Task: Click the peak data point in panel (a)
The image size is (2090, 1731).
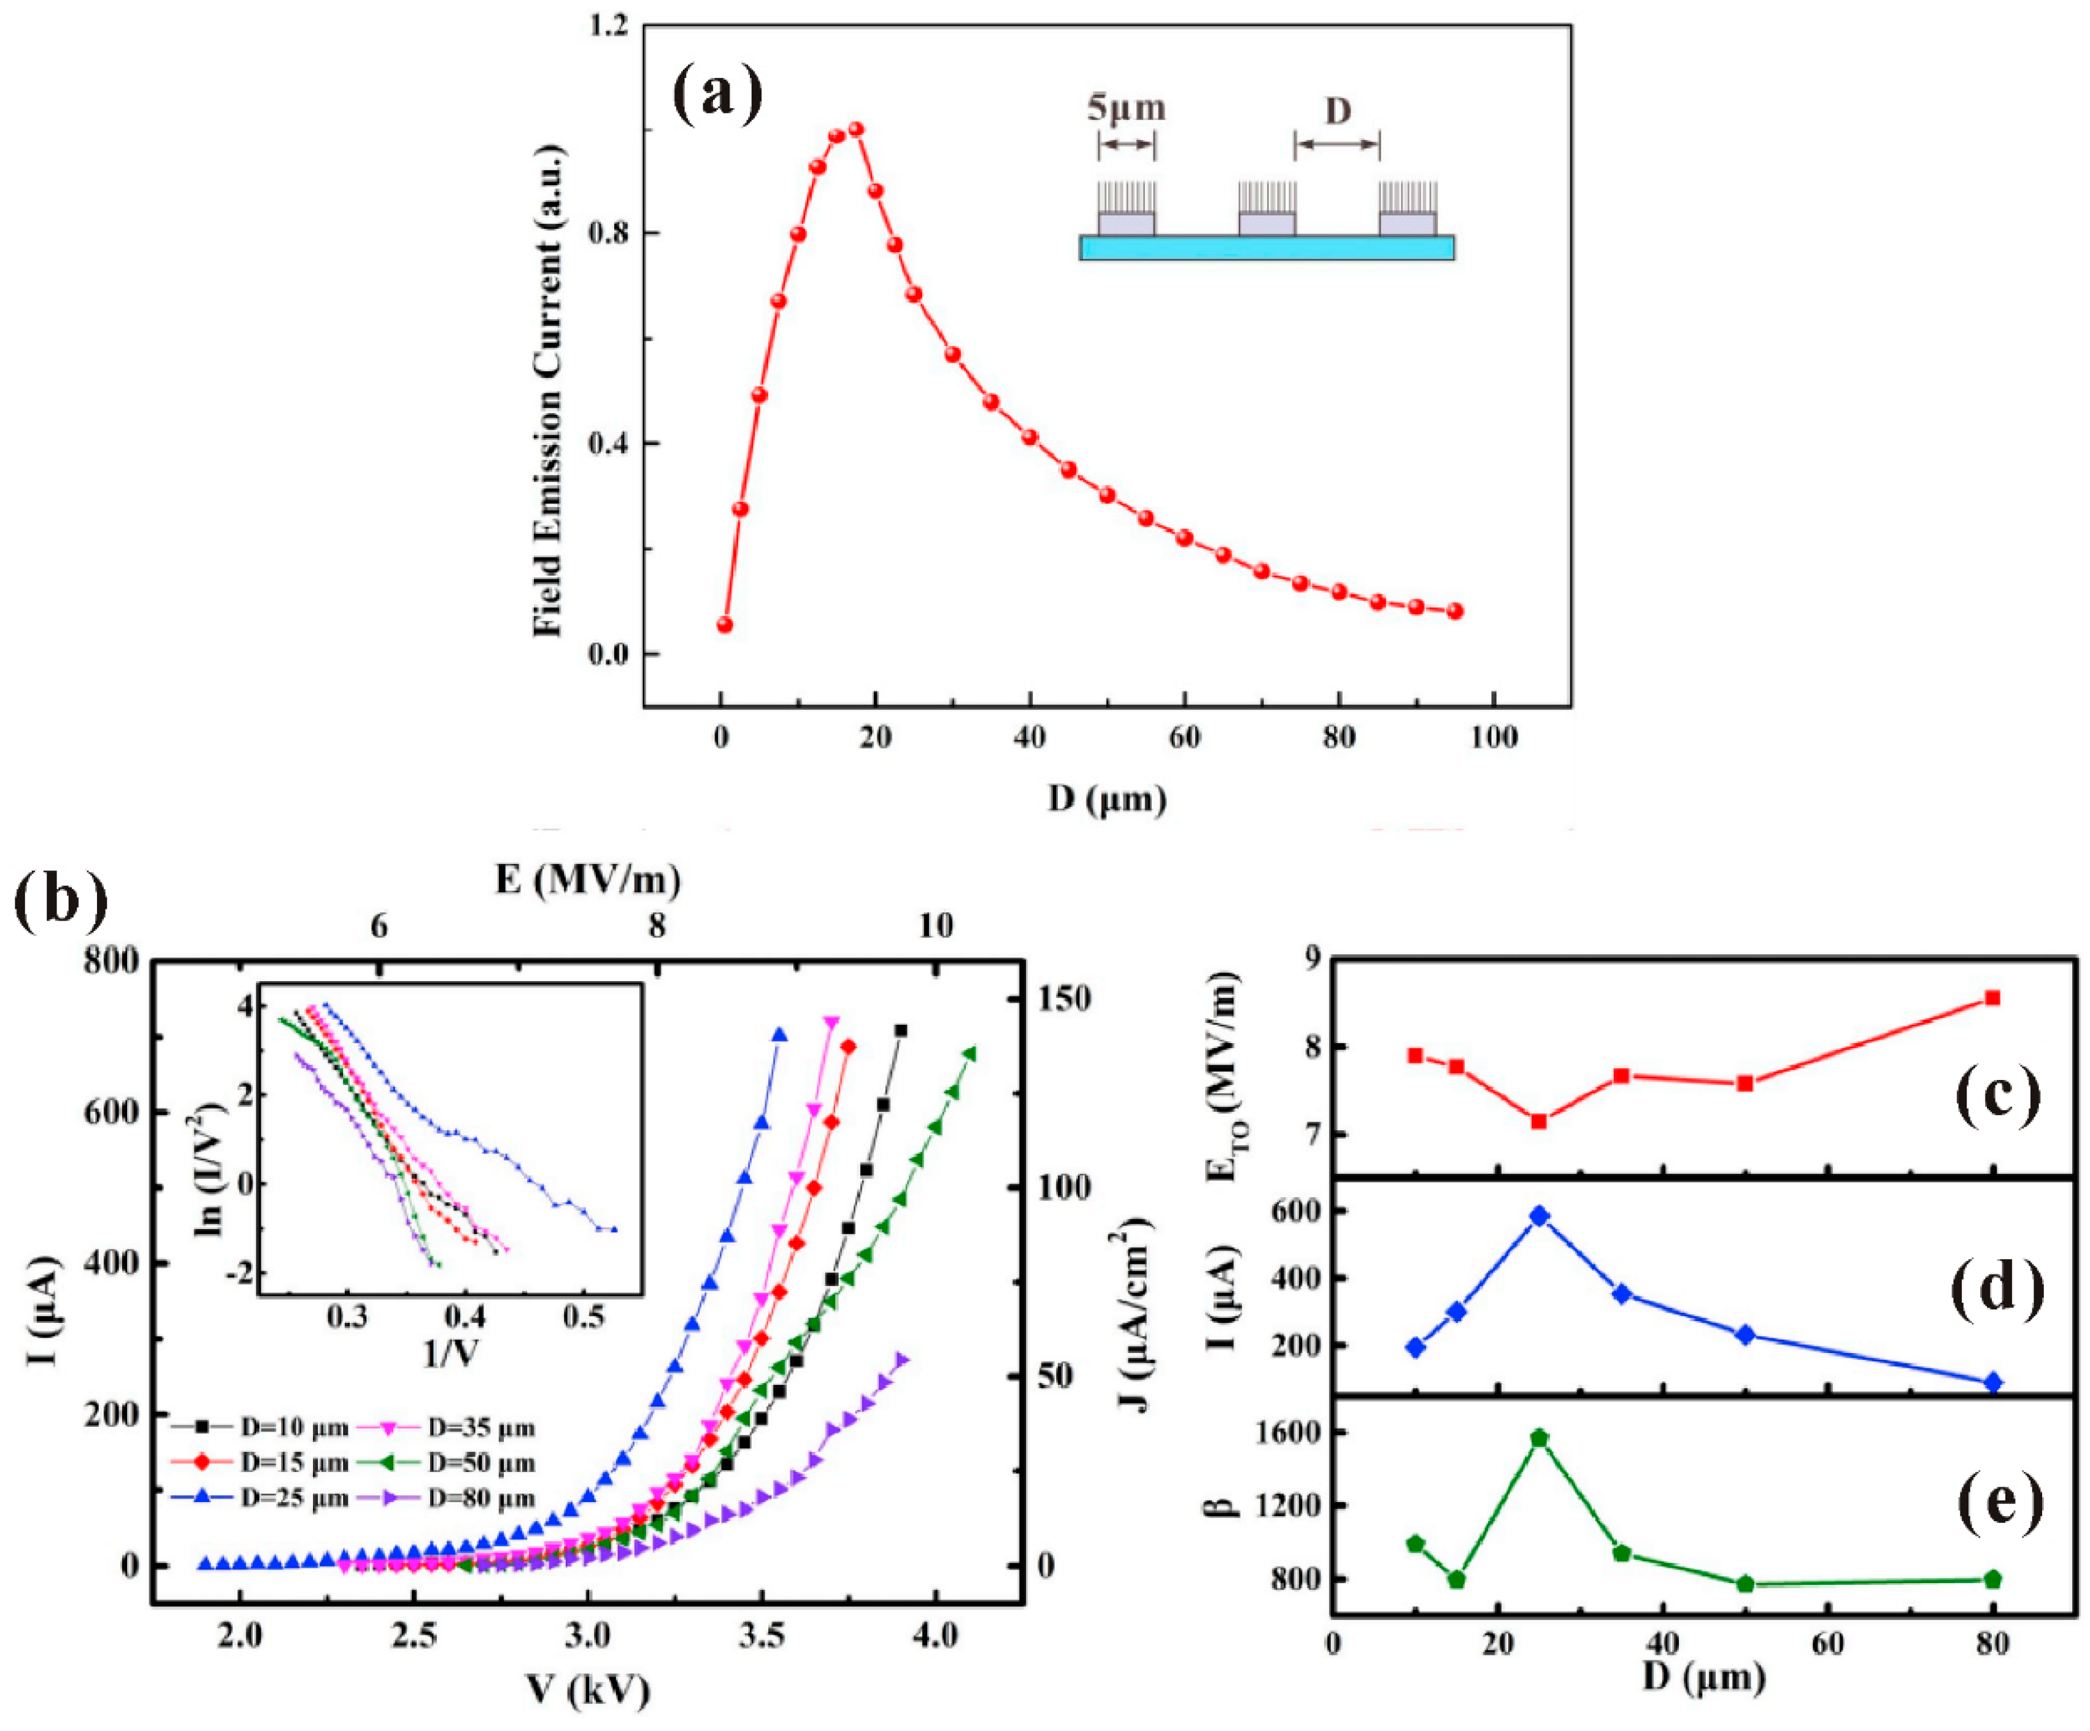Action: (855, 129)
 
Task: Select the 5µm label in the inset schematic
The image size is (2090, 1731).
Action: (1125, 107)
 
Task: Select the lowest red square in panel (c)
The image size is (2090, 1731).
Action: (1538, 1121)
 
